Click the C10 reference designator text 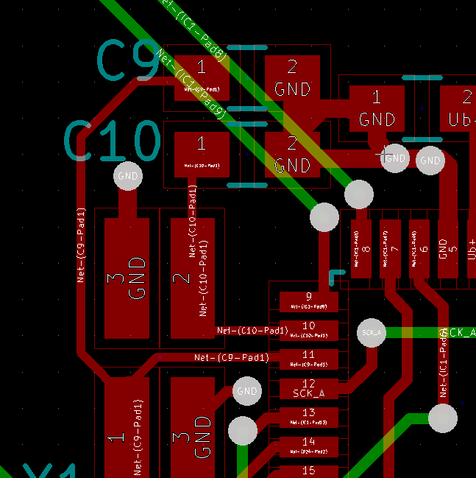pos(112,141)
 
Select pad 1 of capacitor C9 pos(202,79)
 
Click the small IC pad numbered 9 pos(308,300)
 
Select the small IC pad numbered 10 pos(308,330)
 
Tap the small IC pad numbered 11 pos(308,359)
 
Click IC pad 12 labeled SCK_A pos(308,388)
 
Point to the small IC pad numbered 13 pos(308,418)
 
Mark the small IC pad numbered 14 pos(308,446)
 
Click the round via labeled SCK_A pos(372,333)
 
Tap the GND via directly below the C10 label pos(128,177)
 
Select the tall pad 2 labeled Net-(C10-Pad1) pos(193,278)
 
